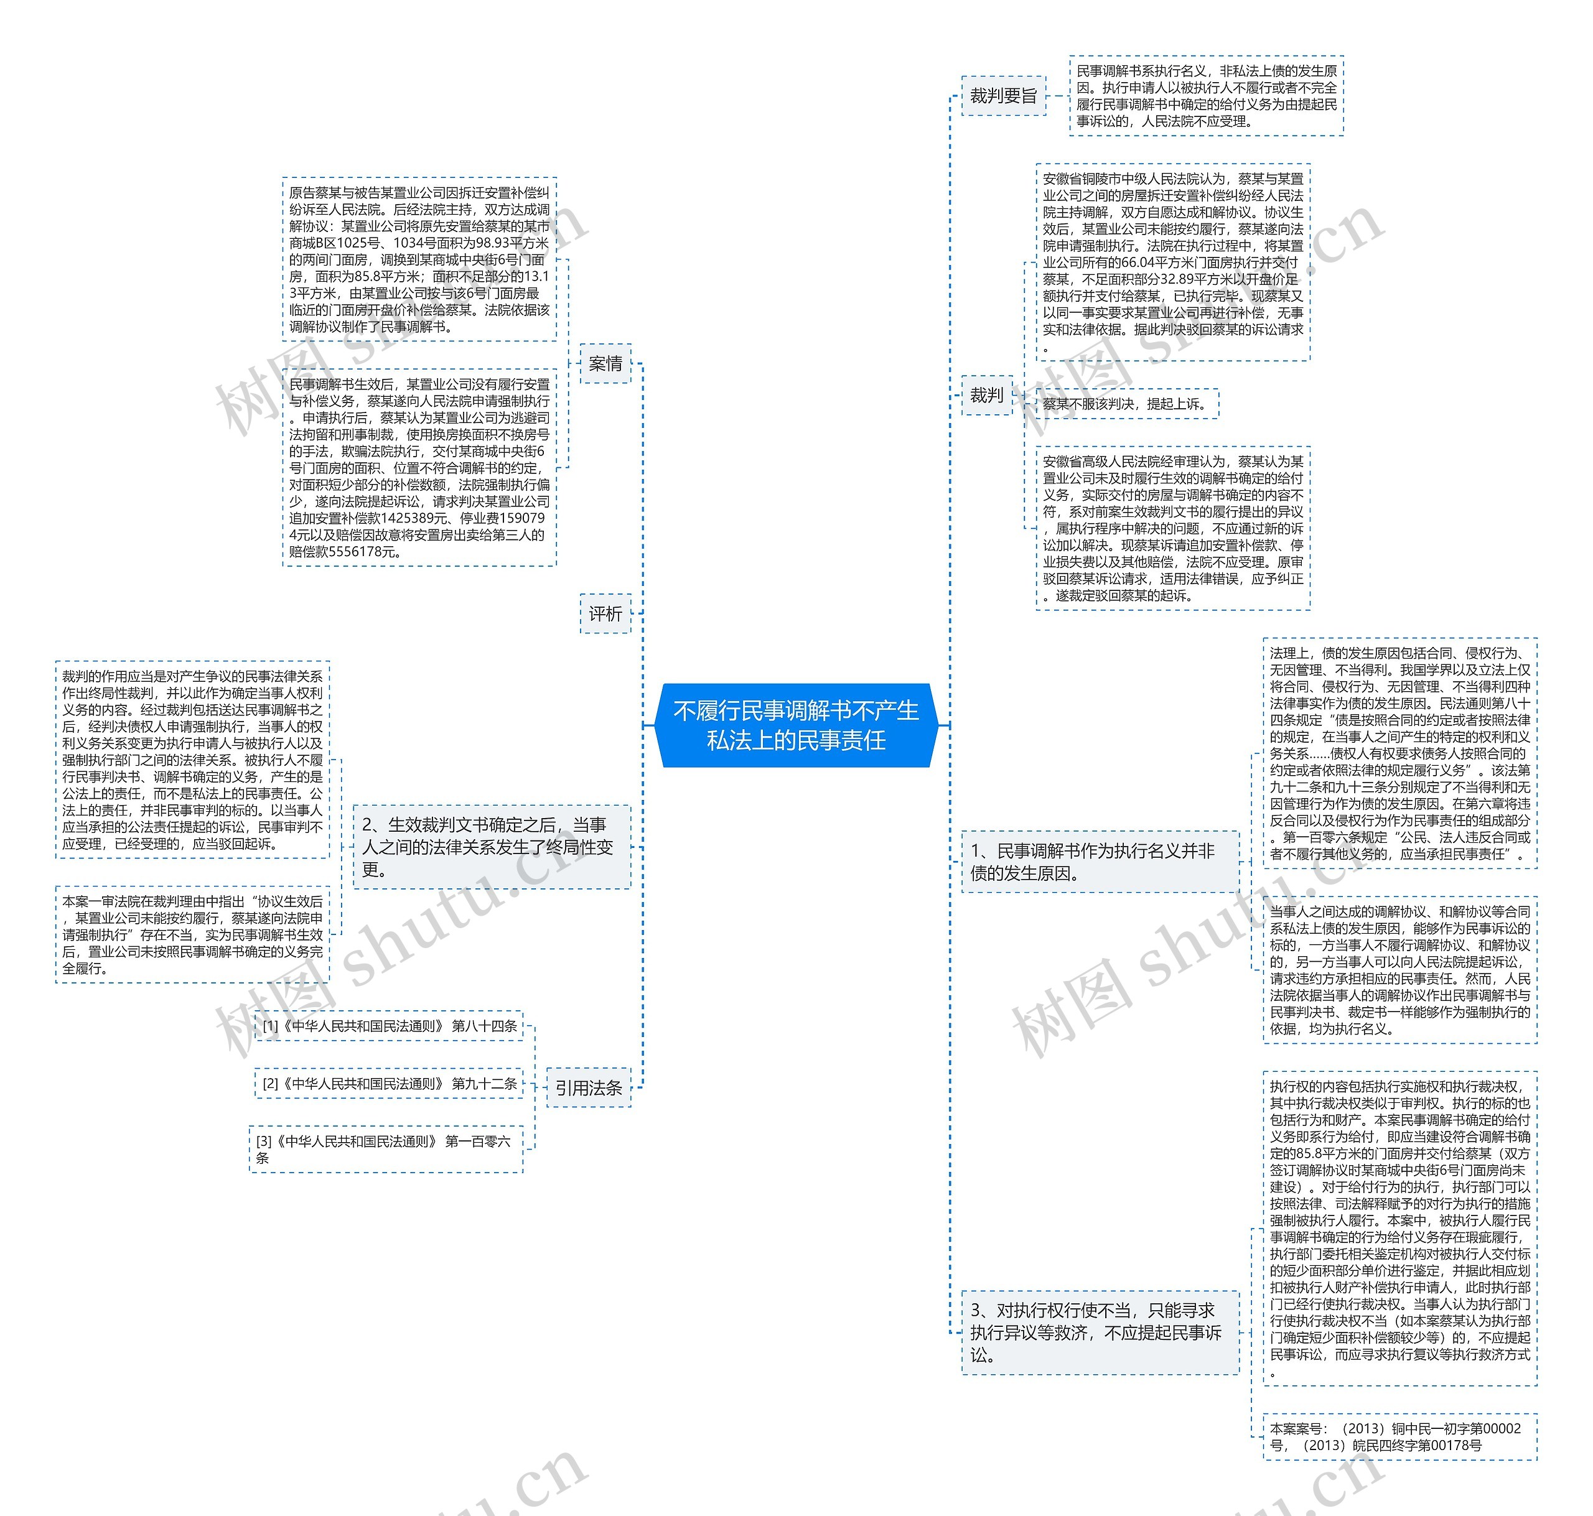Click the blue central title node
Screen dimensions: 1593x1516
796,725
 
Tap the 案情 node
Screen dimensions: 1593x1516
605,364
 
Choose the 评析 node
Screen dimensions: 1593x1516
605,614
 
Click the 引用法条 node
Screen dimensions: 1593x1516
589,1088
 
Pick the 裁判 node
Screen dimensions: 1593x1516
986,395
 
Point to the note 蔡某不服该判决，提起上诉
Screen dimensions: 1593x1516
1127,403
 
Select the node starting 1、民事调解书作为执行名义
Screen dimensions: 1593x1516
1099,862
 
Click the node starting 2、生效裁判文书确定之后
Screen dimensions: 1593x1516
492,846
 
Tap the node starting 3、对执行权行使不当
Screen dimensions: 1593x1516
1099,1332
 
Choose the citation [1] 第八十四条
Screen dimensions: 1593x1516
389,1025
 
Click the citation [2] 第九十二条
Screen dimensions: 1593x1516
389,1084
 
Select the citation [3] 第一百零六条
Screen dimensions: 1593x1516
386,1149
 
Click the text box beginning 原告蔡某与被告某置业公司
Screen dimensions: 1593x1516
419,259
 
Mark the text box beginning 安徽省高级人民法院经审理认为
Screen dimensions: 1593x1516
1173,528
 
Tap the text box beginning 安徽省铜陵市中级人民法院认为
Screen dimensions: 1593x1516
1173,262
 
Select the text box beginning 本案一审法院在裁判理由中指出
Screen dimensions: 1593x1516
192,934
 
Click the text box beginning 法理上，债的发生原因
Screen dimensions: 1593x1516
1399,753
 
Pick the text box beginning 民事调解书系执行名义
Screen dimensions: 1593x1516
1206,95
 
